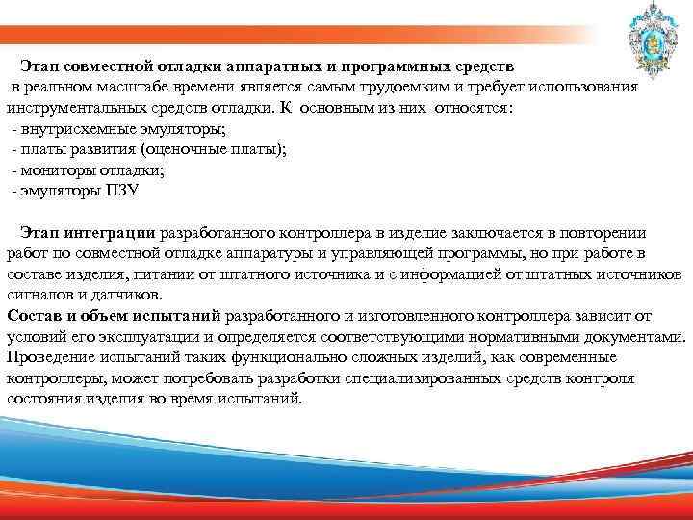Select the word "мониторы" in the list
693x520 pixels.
pos(50,170)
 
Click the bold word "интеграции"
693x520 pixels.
pos(115,232)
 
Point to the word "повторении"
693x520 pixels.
pos(608,232)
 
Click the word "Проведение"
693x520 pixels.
pos(49,357)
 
